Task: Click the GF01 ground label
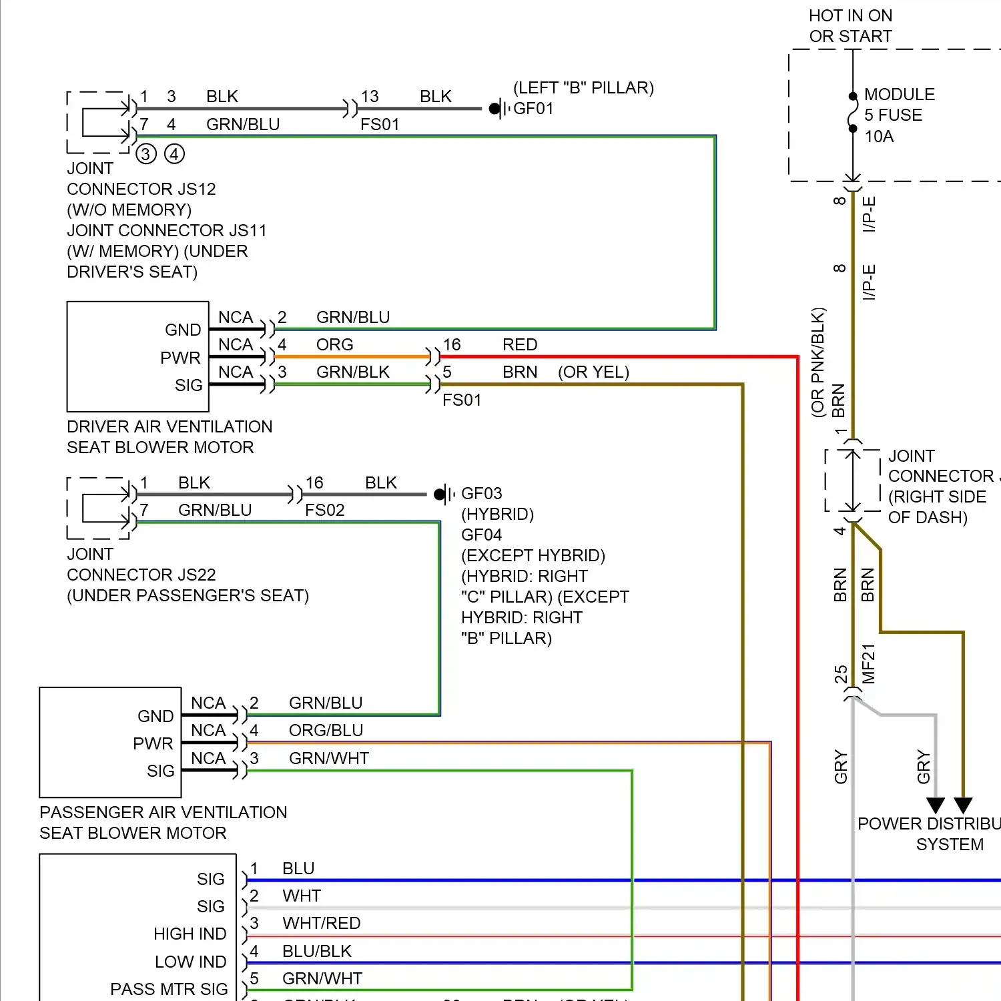pos(533,108)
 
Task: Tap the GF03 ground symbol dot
pos(439,494)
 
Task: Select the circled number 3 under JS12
pos(146,154)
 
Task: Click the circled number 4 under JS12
pos(174,154)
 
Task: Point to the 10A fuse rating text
pos(879,137)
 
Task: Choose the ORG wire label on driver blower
pos(334,344)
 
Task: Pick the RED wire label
pos(520,344)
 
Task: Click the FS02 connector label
pos(324,511)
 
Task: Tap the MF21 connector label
pos(868,663)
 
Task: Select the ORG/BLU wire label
pos(326,730)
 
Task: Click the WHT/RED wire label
pos(321,923)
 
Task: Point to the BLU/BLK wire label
pos(316,951)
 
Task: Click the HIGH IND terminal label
pos(190,934)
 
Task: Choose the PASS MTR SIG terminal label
pos(169,989)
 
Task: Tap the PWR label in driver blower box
pos(180,358)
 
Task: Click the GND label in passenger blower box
pos(155,716)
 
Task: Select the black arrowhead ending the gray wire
pos(936,805)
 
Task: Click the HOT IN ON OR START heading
pos(850,26)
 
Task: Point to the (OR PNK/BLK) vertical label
pos(818,362)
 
